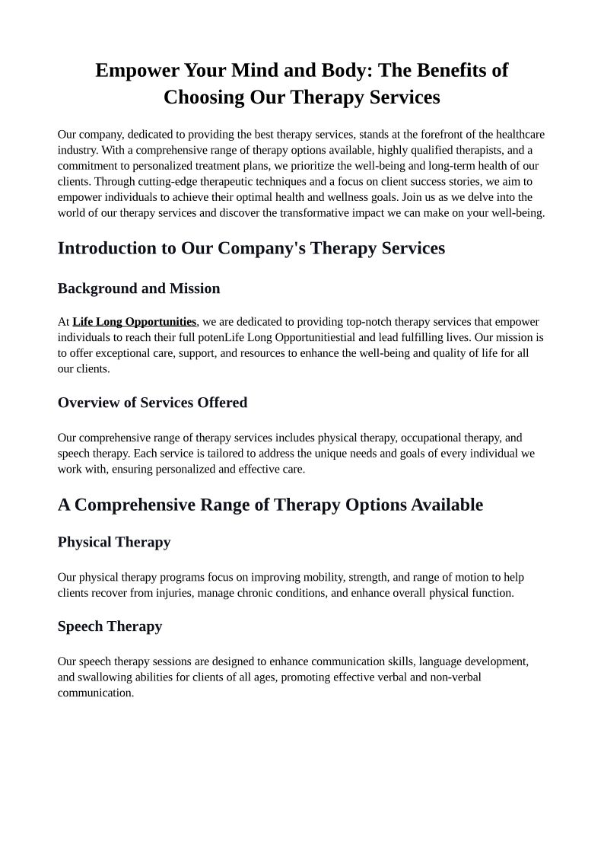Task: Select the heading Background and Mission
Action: coord(138,288)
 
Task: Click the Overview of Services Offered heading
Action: coord(152,403)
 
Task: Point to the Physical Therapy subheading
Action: coord(114,542)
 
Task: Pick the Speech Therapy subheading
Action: coord(110,626)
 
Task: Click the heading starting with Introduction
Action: coord(251,248)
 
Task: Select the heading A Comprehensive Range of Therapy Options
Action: coord(270,505)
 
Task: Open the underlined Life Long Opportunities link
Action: coord(134,322)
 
